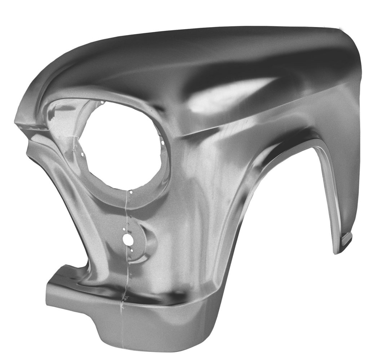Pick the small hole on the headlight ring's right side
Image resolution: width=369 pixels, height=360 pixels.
(163, 143)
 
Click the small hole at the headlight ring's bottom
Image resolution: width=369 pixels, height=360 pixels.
(131, 192)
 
